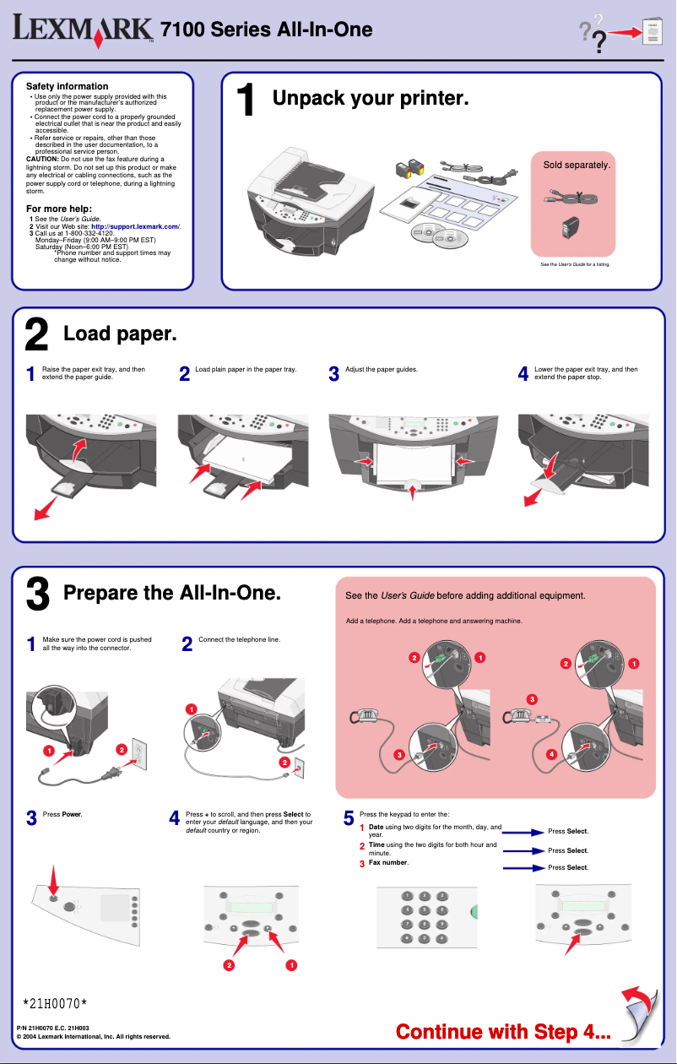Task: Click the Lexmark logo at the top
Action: point(83,31)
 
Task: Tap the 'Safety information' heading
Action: point(68,86)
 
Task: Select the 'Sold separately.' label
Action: point(577,166)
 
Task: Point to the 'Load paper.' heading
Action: point(120,334)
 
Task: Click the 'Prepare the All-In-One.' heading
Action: point(172,593)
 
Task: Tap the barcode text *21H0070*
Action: point(55,1003)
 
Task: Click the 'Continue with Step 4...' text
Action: point(503,1031)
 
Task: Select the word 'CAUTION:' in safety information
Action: point(43,159)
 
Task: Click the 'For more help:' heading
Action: point(59,209)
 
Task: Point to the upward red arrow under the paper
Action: point(412,489)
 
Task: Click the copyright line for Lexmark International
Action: point(94,1036)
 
